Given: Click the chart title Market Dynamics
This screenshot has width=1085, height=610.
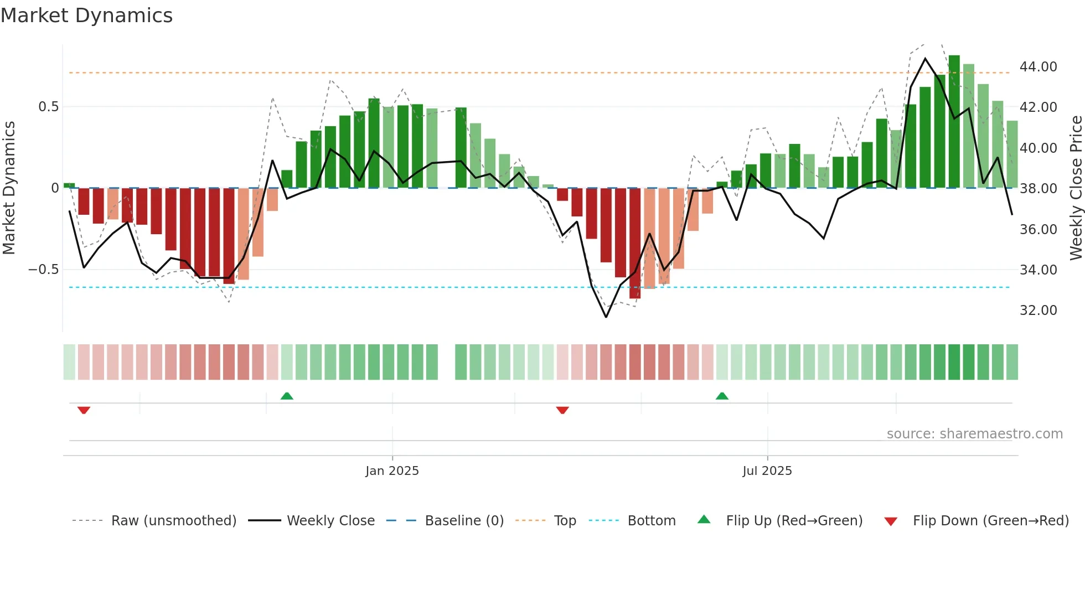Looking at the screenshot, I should [x=86, y=15].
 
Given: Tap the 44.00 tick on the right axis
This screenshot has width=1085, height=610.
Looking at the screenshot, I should [x=1038, y=67].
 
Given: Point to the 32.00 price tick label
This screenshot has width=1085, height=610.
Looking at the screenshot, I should [x=1038, y=311].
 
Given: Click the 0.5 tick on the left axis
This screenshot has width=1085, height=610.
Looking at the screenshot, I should [x=48, y=107].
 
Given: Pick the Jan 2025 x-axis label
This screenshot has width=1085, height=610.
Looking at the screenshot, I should [x=392, y=471].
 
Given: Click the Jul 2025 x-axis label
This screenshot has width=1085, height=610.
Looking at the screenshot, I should [x=767, y=471].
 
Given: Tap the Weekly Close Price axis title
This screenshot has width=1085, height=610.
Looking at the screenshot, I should [x=1076, y=188].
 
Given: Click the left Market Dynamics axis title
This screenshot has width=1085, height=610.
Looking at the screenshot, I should [x=9, y=188].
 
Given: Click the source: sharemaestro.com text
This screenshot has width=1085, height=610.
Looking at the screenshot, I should [x=974, y=434].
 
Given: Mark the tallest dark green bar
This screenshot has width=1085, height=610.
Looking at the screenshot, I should [x=954, y=122].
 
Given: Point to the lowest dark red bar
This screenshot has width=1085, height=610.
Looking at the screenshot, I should [x=634, y=244].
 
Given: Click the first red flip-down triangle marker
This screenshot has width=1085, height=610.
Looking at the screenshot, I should [x=84, y=410].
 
